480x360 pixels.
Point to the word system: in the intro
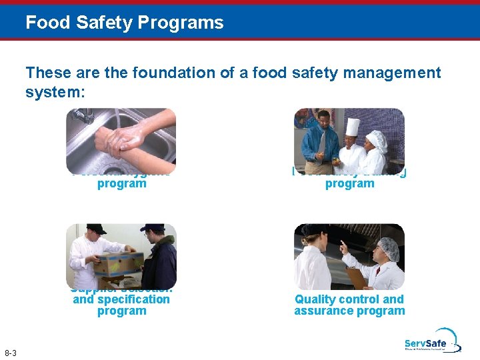[55, 92]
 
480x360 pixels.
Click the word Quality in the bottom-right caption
[316, 299]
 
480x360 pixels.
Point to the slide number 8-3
[11, 353]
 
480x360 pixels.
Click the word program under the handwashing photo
[121, 183]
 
